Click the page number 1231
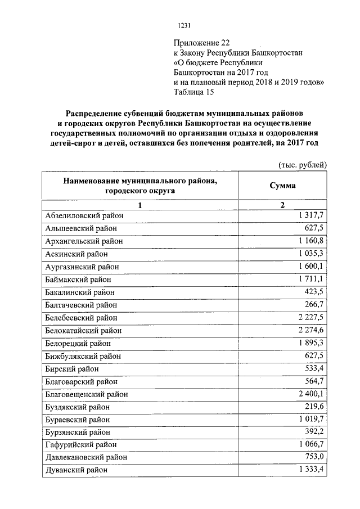[184, 25]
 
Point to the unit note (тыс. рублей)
[302, 165]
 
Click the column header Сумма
[282, 186]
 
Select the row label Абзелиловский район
[84, 215]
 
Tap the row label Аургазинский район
[82, 267]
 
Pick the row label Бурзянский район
[79, 433]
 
